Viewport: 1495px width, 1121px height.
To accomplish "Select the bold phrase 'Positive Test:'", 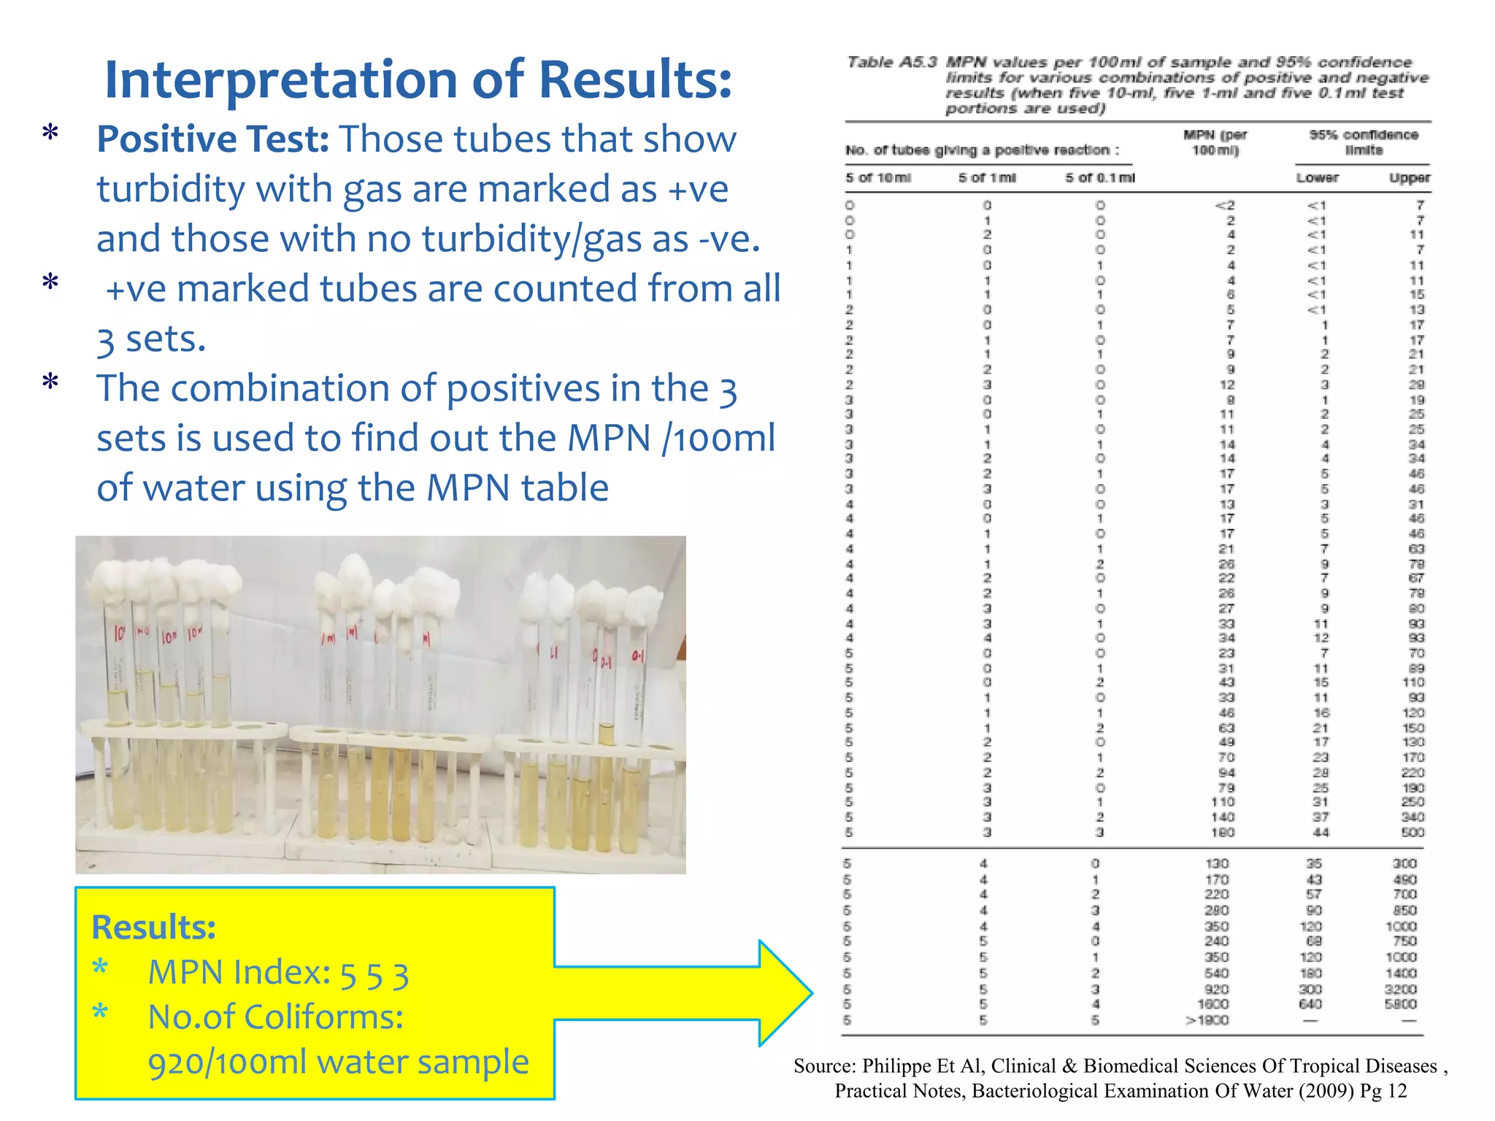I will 212,139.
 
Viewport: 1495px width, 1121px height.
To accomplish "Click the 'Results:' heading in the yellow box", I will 154,928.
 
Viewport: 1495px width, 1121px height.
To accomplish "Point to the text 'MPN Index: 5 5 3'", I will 278,974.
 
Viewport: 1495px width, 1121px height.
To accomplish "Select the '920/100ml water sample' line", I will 338,1063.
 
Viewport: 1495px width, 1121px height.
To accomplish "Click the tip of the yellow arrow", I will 810,993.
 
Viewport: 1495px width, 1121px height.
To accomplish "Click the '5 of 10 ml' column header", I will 878,178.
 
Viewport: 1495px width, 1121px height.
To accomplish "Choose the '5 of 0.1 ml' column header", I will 1099,178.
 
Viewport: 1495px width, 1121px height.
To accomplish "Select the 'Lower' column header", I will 1317,178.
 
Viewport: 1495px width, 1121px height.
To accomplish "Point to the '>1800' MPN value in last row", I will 1208,1020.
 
